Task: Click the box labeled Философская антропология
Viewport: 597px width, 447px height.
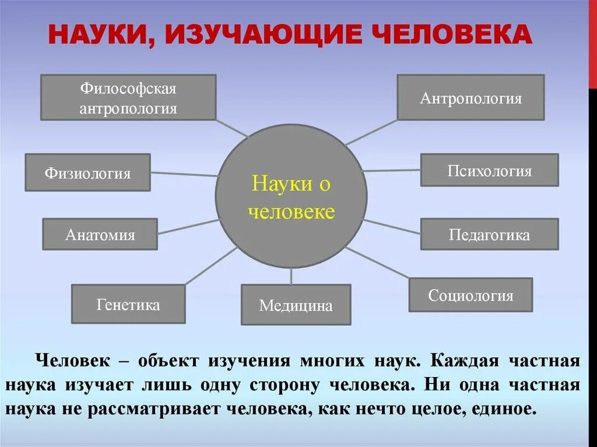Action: [x=128, y=97]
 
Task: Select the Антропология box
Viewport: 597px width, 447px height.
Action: [x=470, y=97]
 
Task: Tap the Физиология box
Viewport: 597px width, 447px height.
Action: [x=88, y=173]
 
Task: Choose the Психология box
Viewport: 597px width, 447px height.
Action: [x=489, y=170]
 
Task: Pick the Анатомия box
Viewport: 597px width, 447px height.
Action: [x=100, y=234]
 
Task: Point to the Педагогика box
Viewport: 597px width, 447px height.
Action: [x=489, y=234]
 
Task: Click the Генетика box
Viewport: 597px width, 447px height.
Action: [x=128, y=304]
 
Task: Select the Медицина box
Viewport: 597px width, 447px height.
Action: [x=296, y=304]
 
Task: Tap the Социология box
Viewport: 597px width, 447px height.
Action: [x=470, y=295]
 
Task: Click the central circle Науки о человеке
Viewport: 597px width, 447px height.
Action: [x=292, y=196]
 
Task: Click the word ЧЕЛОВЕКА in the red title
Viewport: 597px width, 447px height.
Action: [x=456, y=34]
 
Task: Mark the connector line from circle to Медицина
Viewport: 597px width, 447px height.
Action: [x=292, y=276]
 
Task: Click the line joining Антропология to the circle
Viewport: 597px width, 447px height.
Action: [x=371, y=132]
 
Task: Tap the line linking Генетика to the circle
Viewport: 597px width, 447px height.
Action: [x=211, y=266]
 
